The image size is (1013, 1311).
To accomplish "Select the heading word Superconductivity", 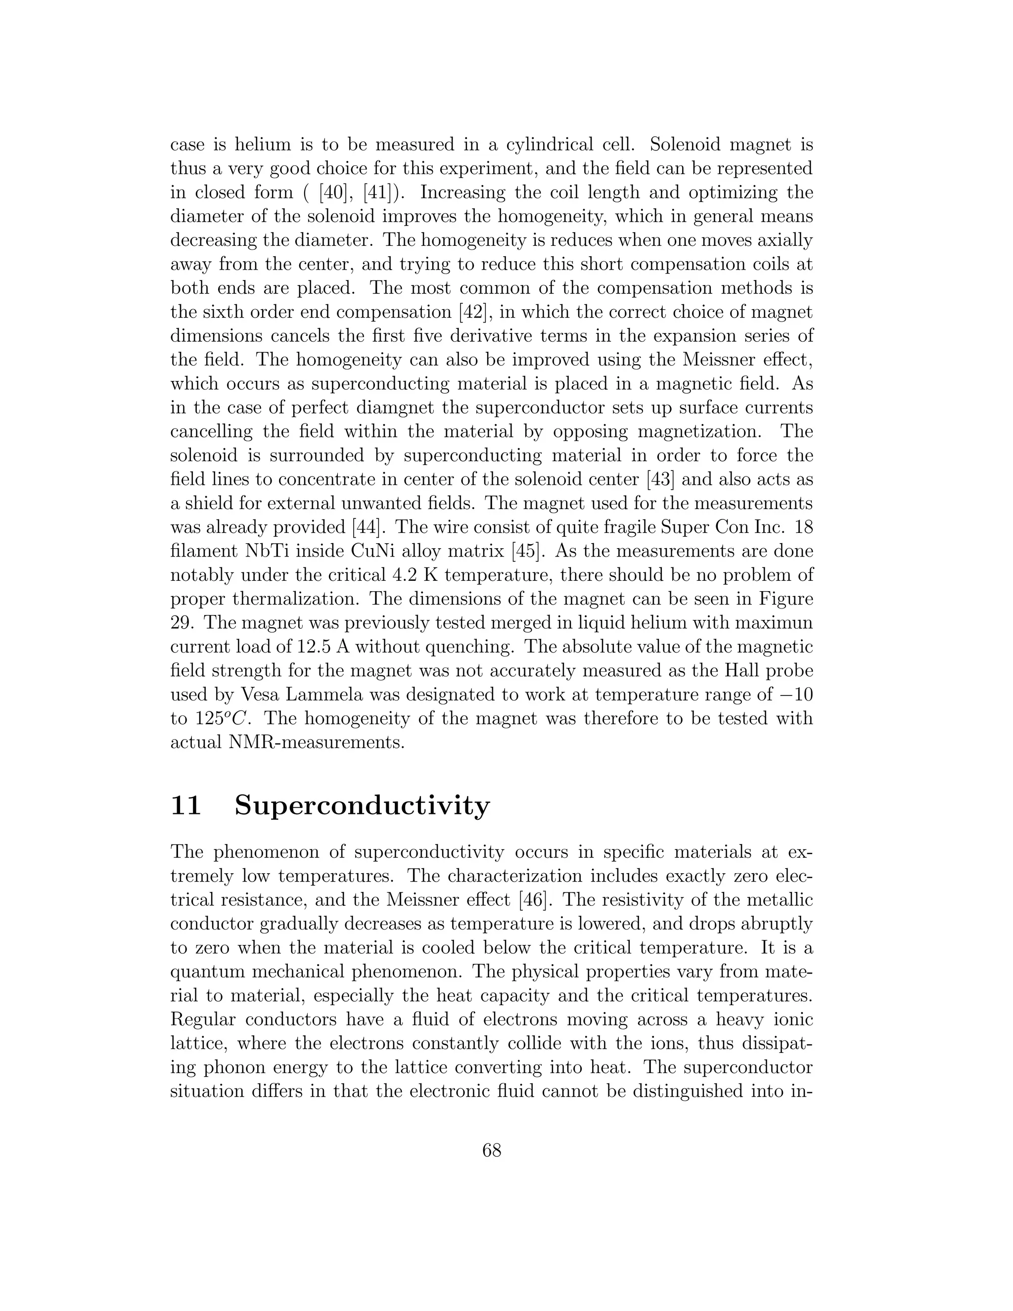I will tap(362, 805).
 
